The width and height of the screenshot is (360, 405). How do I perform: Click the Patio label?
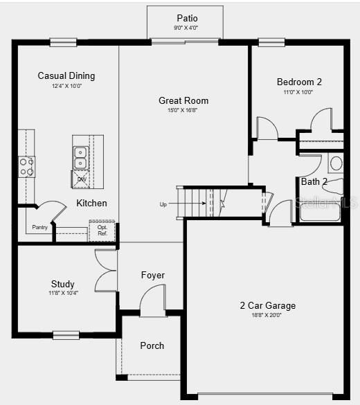(x=187, y=18)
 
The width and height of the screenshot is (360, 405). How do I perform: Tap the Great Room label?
(x=183, y=100)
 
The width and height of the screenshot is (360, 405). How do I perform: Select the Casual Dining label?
(x=66, y=75)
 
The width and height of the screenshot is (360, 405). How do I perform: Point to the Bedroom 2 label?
(x=299, y=81)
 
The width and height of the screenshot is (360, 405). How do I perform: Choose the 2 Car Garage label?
(x=267, y=305)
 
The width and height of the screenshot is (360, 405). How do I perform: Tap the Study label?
(x=63, y=284)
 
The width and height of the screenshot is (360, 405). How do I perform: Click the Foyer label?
(x=153, y=275)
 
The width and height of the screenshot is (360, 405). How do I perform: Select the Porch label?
(x=152, y=345)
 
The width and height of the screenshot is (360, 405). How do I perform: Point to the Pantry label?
(x=40, y=227)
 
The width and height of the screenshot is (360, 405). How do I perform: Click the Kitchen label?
(x=91, y=203)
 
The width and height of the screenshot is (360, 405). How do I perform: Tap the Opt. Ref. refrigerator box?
(x=102, y=231)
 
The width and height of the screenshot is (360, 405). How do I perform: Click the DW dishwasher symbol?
(x=82, y=179)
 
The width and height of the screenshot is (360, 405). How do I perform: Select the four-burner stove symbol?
(x=26, y=166)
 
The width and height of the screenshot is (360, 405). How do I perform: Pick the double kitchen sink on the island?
(x=80, y=157)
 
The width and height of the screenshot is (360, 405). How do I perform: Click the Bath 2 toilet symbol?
(x=336, y=163)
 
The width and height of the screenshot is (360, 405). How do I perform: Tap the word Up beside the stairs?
(x=163, y=204)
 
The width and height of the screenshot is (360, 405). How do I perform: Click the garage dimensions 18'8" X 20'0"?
(x=267, y=315)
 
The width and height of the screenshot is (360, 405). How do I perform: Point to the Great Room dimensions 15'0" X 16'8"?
(x=183, y=110)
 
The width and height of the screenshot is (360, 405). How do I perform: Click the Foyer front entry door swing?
(x=153, y=301)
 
